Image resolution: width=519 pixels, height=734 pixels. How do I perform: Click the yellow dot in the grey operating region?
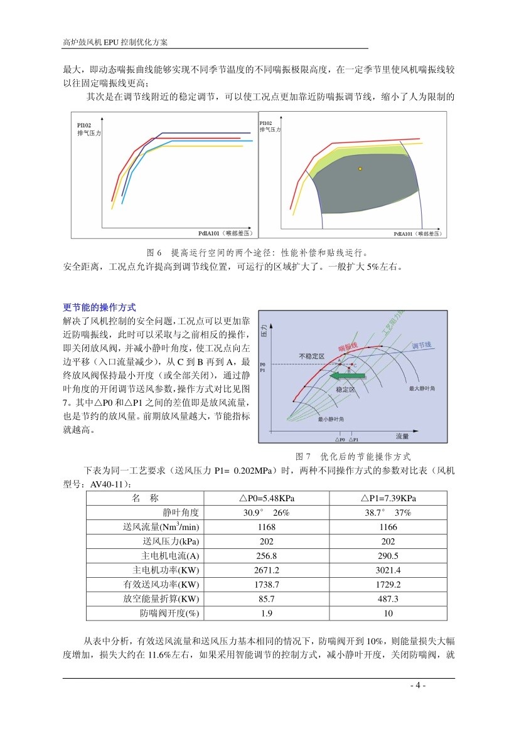click(x=360, y=169)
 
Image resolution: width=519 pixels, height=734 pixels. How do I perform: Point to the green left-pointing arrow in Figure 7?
click(x=347, y=376)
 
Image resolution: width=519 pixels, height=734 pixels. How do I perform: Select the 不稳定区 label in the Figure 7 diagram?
click(x=312, y=356)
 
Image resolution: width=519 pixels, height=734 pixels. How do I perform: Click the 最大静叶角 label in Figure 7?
click(x=422, y=388)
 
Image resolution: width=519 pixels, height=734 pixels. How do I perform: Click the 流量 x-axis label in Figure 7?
click(x=402, y=435)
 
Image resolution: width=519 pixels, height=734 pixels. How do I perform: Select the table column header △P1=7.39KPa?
click(x=388, y=499)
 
